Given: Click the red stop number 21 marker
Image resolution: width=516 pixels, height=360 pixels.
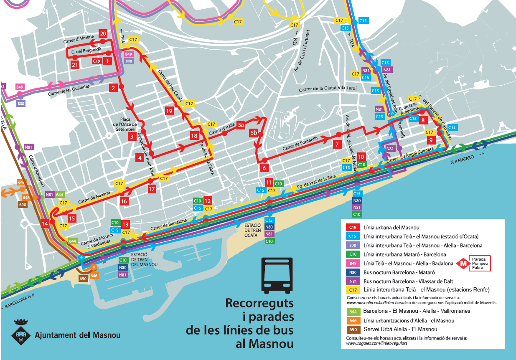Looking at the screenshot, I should coord(75,65).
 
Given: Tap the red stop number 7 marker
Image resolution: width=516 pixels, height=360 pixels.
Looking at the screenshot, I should coord(337,145).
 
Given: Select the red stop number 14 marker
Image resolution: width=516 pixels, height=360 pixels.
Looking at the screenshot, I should coord(45,224).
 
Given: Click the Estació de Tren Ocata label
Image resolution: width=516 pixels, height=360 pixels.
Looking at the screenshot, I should coord(253,230).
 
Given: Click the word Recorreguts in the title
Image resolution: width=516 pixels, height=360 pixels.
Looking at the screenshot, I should coord(259,303).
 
